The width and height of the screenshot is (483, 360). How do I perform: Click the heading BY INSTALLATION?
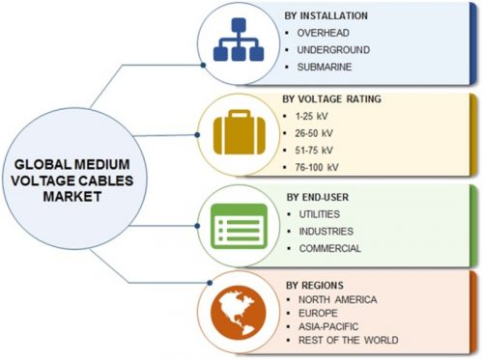[326, 15]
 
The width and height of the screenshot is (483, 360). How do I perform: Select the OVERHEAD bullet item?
[323, 33]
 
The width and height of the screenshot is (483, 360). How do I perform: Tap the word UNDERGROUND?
[333, 50]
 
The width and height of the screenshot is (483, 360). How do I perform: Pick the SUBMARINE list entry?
[325, 67]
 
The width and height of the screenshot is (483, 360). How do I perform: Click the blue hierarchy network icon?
[239, 40]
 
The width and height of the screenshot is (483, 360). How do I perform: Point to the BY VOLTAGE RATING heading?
[331, 98]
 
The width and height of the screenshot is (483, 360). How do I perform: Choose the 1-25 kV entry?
[311, 116]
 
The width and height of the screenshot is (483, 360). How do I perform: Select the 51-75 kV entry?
[314, 151]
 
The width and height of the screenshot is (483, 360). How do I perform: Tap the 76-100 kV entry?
[317, 167]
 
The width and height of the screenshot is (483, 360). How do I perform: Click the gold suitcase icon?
[240, 132]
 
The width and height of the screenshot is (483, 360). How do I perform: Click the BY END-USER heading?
[318, 197]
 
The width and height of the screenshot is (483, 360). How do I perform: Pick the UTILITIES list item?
[319, 214]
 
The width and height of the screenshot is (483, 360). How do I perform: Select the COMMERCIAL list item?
[330, 248]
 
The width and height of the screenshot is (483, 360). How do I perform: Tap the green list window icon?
[239, 226]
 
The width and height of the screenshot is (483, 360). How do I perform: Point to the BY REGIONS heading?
[315, 285]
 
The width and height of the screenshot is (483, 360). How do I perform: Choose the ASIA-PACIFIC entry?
[328, 326]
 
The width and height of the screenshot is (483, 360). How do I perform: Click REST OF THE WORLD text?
[348, 340]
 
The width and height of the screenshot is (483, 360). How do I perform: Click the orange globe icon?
[239, 313]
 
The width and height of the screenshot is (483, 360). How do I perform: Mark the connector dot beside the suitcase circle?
[197, 135]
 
